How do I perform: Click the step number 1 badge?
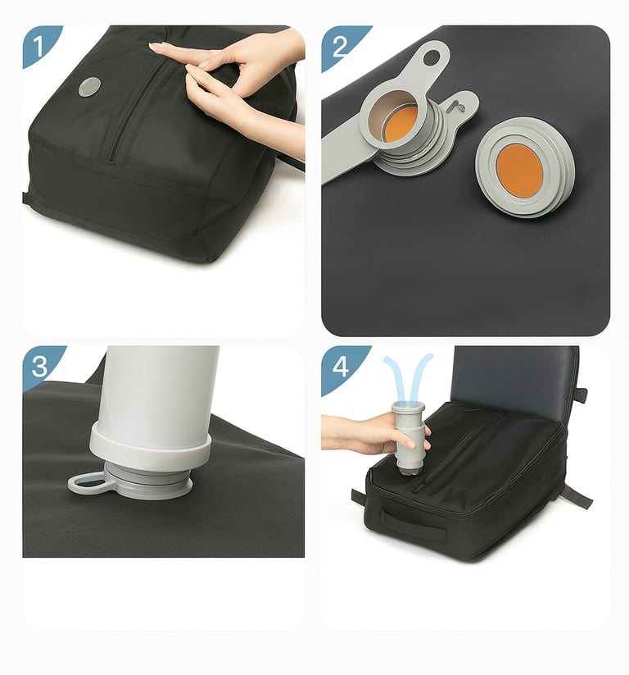[39, 46]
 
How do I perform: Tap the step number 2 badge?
[341, 47]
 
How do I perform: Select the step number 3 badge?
[40, 366]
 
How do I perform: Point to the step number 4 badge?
[341, 367]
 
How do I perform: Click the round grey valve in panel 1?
[89, 88]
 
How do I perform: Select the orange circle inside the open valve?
[401, 125]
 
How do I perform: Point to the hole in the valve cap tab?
[432, 57]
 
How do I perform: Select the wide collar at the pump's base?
[151, 448]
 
